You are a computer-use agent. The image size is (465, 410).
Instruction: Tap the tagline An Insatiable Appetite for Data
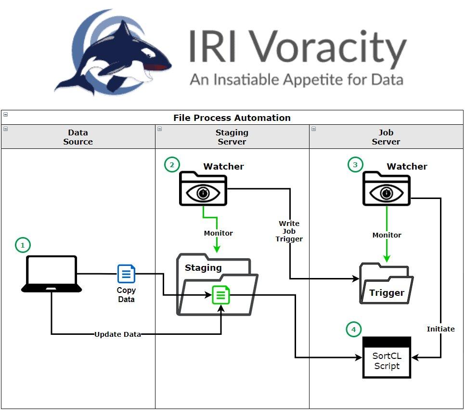tap(296, 79)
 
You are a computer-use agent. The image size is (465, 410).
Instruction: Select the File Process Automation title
tap(232, 118)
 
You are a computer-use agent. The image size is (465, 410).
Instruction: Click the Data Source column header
tap(78, 137)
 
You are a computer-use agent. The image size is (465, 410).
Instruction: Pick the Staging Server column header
tap(232, 137)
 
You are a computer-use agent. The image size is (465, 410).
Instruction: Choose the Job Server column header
tap(386, 137)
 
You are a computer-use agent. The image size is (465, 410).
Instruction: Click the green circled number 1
tap(22, 245)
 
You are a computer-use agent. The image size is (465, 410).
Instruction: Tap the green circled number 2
tap(171, 165)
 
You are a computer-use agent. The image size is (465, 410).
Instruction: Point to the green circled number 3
tap(355, 165)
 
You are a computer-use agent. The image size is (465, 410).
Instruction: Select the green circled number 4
tap(354, 330)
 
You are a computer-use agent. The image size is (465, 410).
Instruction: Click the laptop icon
tap(52, 274)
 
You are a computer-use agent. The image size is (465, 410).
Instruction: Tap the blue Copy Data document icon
tap(126, 274)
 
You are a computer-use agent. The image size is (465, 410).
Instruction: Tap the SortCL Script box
tap(387, 357)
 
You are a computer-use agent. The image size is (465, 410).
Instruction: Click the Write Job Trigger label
tap(289, 231)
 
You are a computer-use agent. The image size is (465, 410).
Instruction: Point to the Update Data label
tap(117, 334)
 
